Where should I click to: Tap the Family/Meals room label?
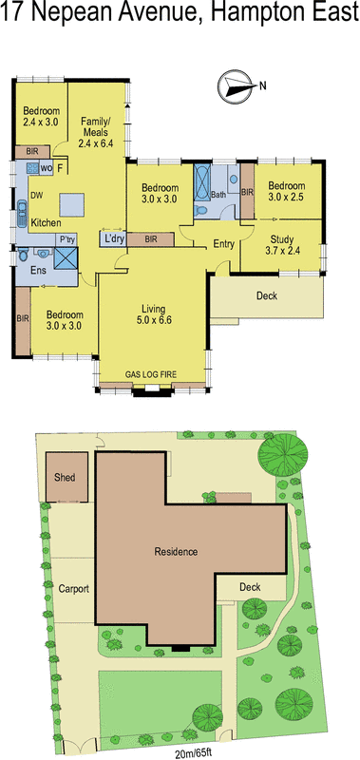coord(95,129)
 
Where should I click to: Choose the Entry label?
coord(223,244)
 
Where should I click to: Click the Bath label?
coord(218,195)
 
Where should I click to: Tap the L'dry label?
coord(116,238)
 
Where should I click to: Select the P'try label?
coord(66,239)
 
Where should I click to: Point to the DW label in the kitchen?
coord(36,196)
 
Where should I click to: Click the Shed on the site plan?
coord(66,478)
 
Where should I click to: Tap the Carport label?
coord(73,589)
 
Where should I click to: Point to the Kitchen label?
coord(47,223)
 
